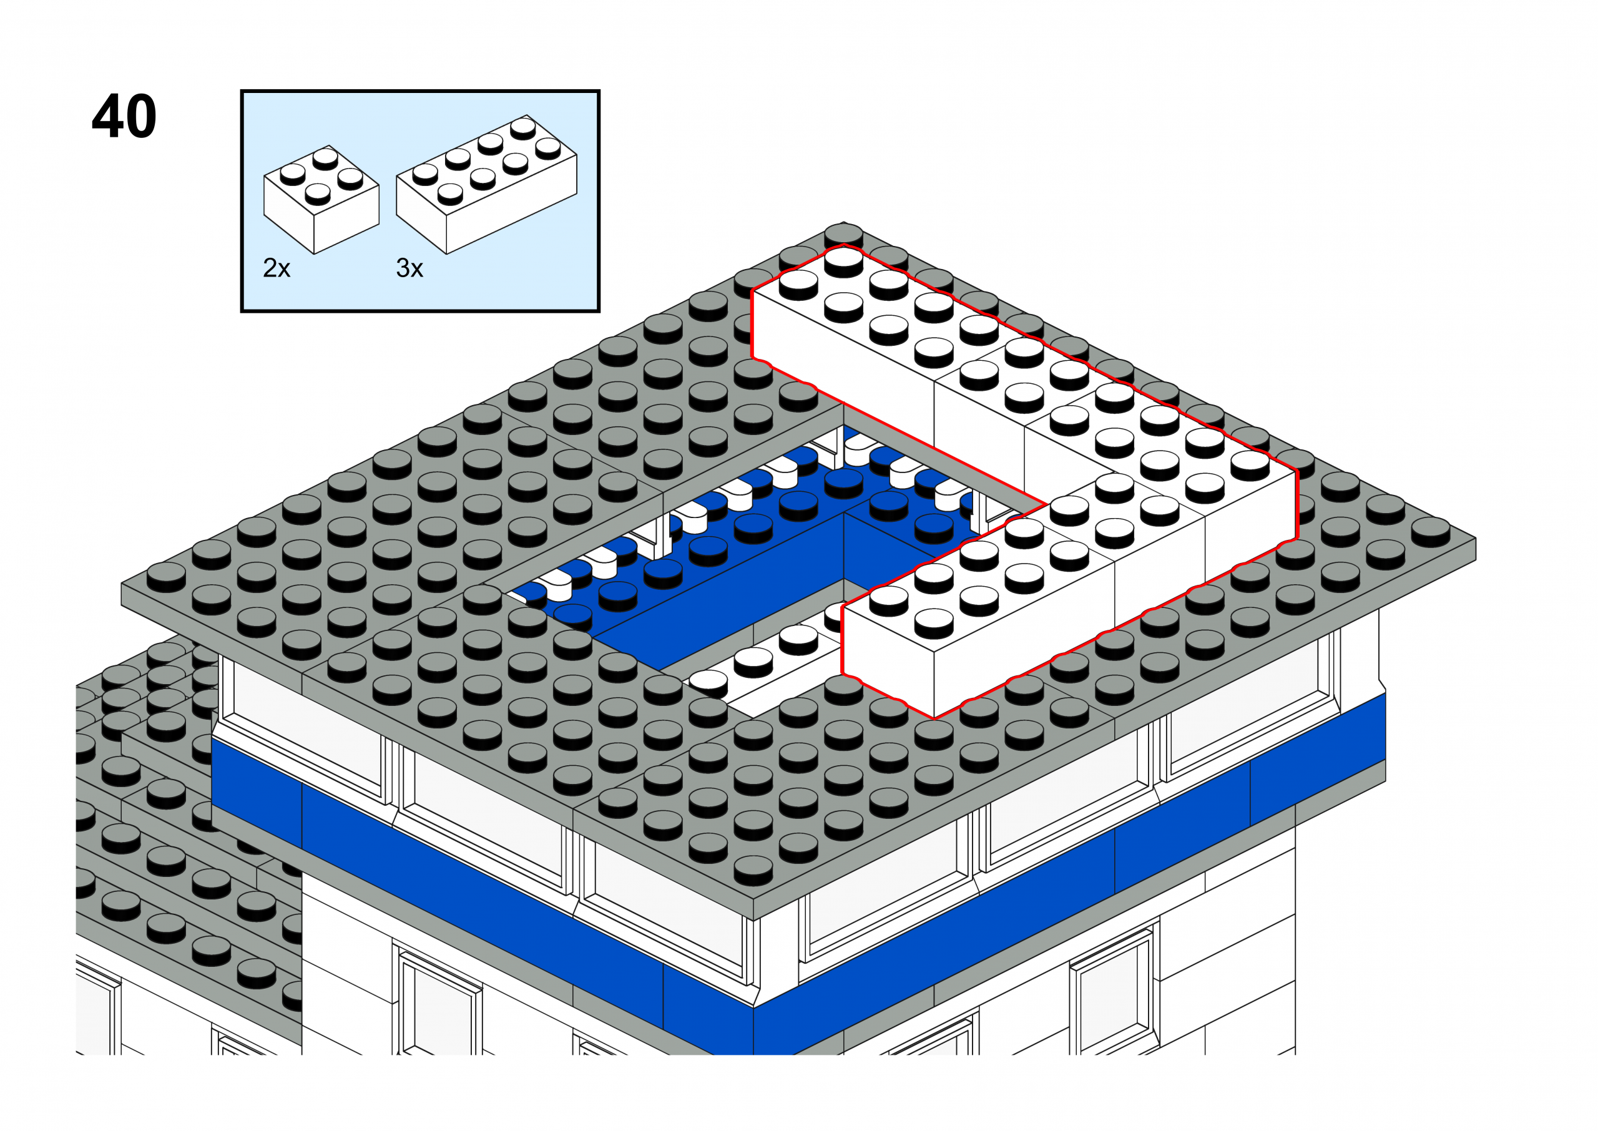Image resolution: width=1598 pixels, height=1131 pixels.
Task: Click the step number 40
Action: pos(124,116)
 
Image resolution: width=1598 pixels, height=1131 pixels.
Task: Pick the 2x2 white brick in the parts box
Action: pos(321,199)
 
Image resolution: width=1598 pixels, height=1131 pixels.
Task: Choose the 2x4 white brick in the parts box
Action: pos(486,184)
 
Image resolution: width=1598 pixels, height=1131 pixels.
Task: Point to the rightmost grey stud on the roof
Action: pos(1430,532)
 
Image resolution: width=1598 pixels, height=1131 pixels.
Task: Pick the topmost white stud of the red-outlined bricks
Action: pos(843,262)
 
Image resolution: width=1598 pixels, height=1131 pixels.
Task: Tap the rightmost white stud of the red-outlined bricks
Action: pos(1250,465)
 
